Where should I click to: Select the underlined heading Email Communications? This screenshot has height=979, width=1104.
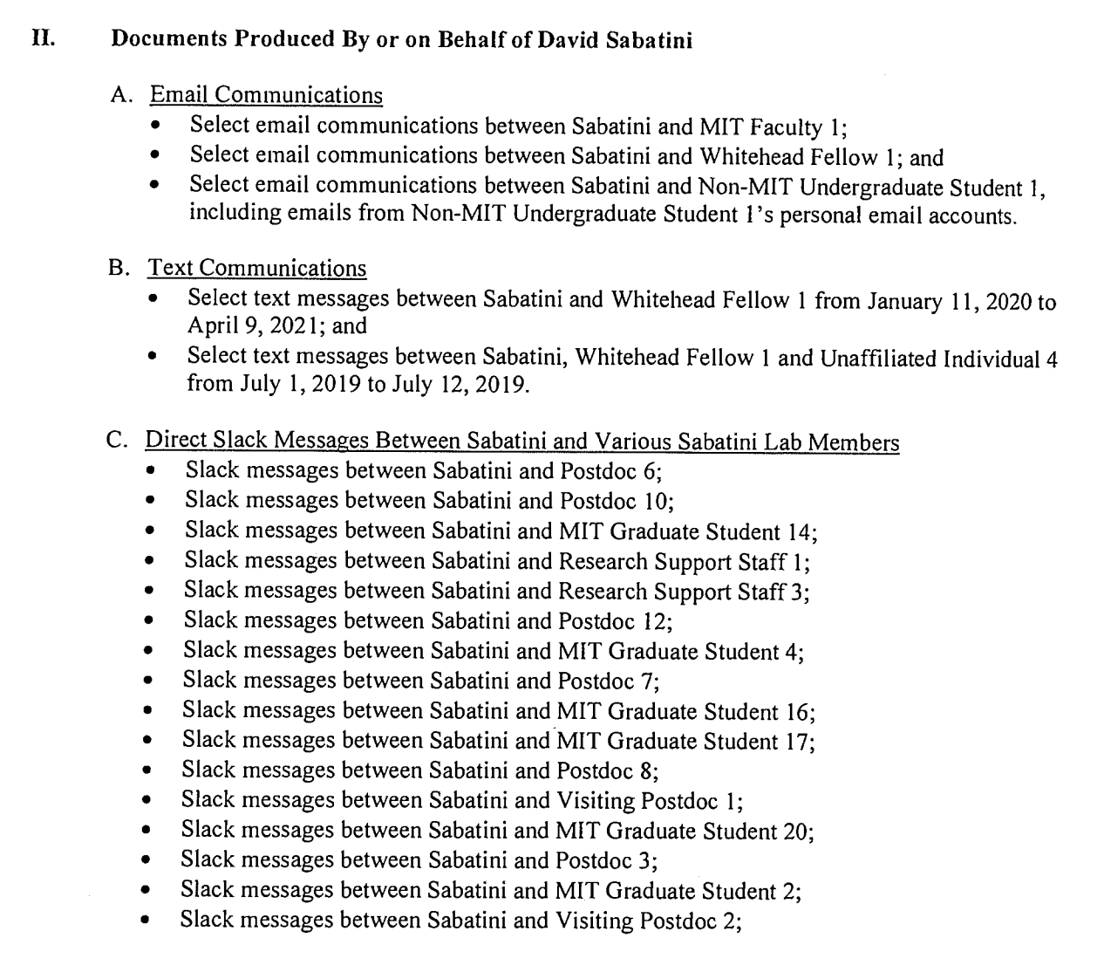266,95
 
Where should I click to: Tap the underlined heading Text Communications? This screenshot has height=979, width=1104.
257,268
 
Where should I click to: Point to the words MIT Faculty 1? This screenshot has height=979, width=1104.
771,127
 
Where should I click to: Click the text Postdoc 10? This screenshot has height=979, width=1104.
615,501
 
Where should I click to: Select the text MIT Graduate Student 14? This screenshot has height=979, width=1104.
686,531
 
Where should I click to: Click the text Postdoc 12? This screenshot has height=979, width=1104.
613,621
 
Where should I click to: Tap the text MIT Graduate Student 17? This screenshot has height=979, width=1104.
684,742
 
